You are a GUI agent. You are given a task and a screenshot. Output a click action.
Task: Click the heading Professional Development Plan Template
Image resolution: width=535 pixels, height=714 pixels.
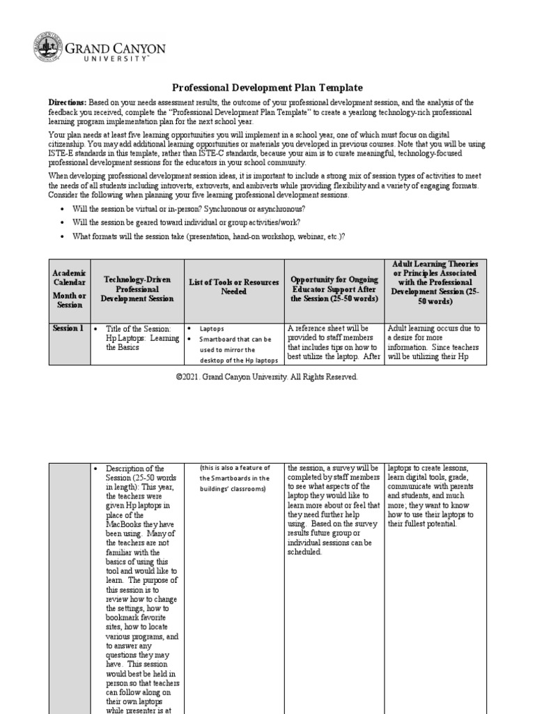coord(267,88)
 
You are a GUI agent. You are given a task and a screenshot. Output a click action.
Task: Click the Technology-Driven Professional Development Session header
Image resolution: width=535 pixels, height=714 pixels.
coord(137,289)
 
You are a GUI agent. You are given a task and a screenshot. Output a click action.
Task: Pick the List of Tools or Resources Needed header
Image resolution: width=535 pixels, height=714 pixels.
coord(233,286)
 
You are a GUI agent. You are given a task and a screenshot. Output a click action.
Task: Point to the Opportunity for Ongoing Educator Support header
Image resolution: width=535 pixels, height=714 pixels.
coord(334,289)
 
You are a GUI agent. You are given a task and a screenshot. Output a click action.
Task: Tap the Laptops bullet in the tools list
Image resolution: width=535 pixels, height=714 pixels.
coord(212,329)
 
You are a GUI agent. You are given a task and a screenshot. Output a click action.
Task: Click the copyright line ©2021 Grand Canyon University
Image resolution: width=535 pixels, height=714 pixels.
coord(267,377)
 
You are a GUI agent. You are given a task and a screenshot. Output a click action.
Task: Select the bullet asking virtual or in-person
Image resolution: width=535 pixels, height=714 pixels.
coord(189,209)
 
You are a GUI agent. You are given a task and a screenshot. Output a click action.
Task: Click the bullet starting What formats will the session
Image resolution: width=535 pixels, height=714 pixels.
coord(208,236)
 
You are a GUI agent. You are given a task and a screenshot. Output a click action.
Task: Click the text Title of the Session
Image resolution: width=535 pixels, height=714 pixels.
coord(137,328)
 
